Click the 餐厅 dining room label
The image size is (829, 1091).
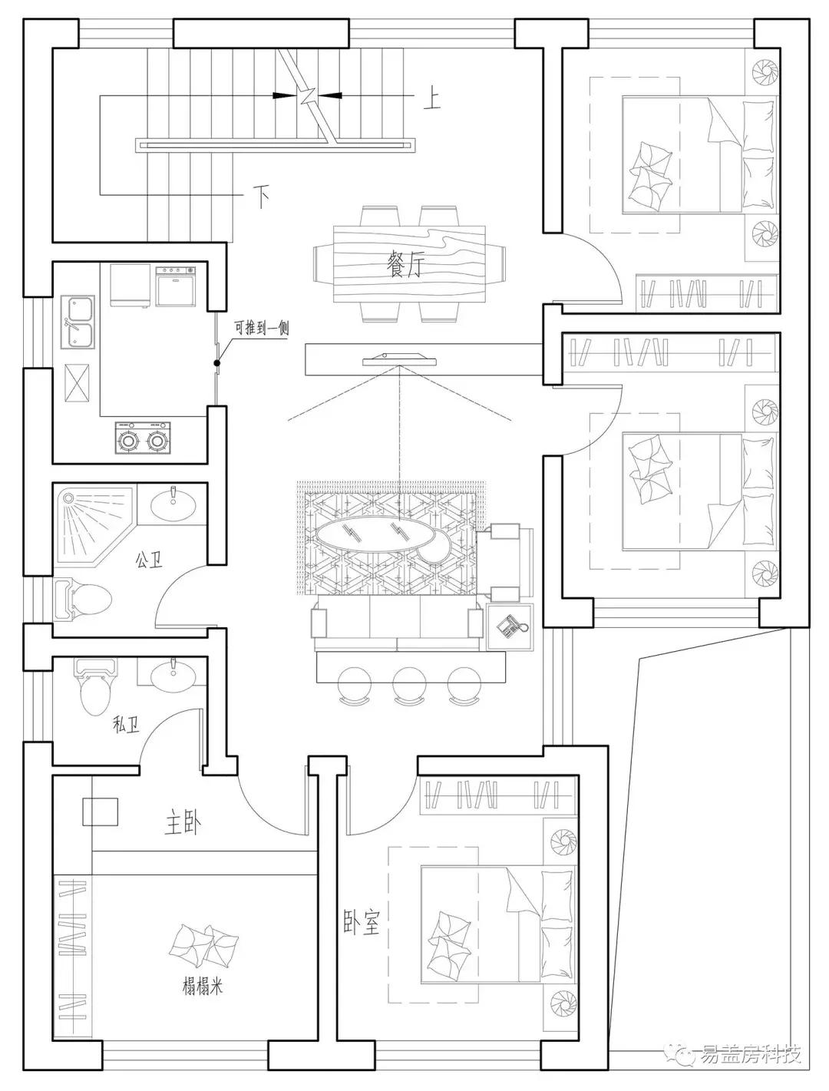405,266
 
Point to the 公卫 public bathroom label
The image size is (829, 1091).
149,560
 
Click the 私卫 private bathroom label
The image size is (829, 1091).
126,726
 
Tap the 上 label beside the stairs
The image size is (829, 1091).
431,99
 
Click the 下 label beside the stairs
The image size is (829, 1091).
262,197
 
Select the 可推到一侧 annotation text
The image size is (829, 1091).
262,328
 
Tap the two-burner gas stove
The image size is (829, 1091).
143,438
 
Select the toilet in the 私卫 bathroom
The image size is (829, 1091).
95,686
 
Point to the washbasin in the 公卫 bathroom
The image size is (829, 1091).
173,505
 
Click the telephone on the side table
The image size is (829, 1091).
510,626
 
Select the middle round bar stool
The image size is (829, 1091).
409,684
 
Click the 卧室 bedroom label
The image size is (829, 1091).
362,923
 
